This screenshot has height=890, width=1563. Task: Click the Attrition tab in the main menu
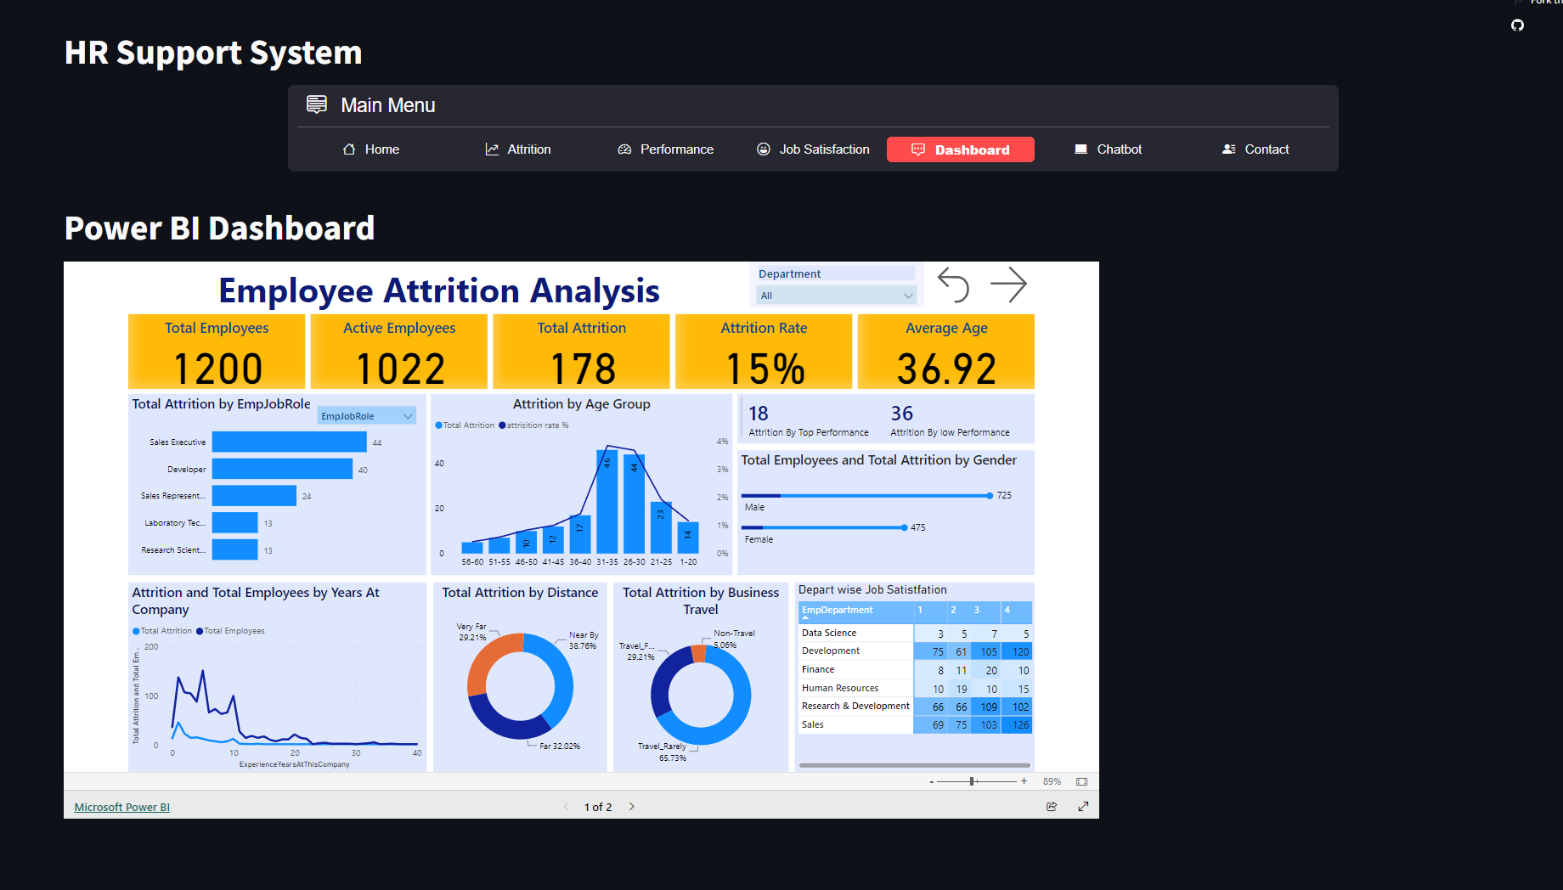(x=518, y=149)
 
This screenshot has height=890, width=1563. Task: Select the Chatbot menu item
(x=1109, y=149)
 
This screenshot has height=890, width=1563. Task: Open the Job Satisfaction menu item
(x=813, y=149)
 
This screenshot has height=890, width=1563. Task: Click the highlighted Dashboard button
(x=961, y=149)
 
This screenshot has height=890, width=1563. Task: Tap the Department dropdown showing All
(x=837, y=296)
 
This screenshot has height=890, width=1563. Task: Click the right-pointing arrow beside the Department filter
(x=1009, y=284)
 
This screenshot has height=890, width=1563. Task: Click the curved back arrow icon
(x=953, y=284)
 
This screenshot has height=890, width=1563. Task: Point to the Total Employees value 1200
(x=217, y=369)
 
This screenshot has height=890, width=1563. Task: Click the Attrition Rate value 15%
(x=765, y=369)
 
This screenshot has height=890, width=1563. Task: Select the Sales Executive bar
(x=289, y=442)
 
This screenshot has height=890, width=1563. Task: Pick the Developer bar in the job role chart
(x=282, y=470)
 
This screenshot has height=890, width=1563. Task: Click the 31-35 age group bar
(x=607, y=501)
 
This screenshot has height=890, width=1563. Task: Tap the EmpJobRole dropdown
(x=367, y=416)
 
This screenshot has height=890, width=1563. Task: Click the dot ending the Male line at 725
(x=990, y=495)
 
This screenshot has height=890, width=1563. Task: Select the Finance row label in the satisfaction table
(x=818, y=670)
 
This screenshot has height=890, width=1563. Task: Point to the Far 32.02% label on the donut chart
(x=560, y=746)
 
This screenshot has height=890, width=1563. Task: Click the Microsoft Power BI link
(x=121, y=808)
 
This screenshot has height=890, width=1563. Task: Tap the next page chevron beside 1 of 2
(x=632, y=807)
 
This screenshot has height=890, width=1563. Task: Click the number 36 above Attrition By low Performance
(x=902, y=414)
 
